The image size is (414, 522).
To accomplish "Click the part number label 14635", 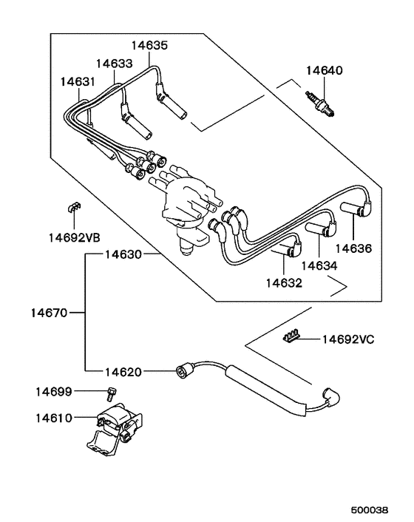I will (149, 45).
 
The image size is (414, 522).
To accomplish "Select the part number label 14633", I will (115, 64).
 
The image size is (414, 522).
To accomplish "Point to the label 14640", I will (325, 71).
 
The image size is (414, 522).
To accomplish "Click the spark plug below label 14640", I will (323, 103).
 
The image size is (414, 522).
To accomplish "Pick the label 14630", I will (122, 254).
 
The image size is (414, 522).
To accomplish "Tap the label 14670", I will (50, 313).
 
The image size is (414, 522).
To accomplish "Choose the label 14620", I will (122, 371).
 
